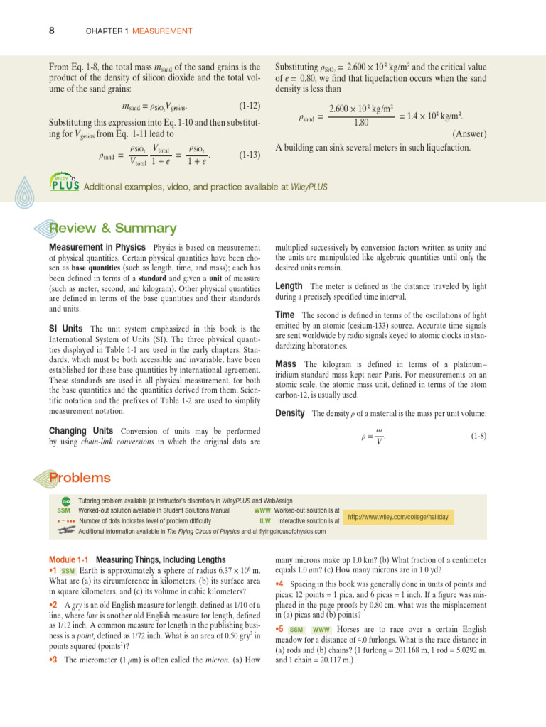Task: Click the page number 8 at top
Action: pos(52,31)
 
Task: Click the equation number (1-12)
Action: pos(250,105)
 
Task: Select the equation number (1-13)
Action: pos(250,154)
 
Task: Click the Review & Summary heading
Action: pos(112,228)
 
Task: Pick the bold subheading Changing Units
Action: pos(81,431)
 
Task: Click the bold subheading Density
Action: pos(289,412)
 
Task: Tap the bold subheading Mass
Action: pos(286,364)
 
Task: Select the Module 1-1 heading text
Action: pos(136,559)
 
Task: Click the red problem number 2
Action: pos(53,603)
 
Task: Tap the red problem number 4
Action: pos(279,584)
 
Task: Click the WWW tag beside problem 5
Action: pos(321,630)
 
